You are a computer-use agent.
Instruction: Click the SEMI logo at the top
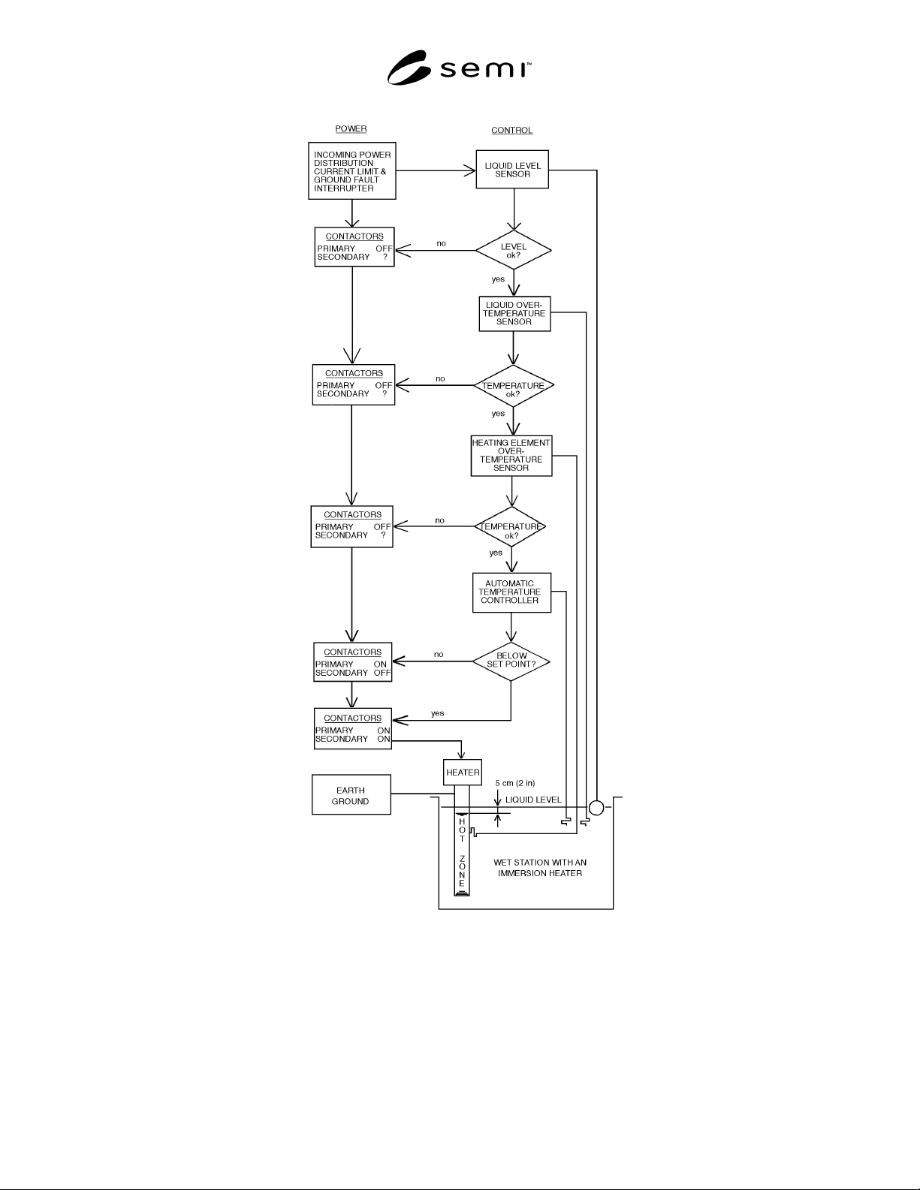459,68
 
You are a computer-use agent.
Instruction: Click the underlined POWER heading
351,128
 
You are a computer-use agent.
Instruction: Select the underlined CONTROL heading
511,131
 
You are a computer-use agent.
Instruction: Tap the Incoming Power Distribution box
352,171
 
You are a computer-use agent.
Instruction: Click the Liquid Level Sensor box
512,170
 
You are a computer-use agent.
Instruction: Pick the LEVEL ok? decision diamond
514,250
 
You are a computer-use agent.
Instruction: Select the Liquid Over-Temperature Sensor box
514,314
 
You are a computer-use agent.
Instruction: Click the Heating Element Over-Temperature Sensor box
511,456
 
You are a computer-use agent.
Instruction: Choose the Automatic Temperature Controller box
511,592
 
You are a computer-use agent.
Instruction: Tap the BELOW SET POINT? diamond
511,661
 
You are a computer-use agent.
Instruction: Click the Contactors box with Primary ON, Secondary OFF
353,662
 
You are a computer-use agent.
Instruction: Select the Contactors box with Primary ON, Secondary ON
353,728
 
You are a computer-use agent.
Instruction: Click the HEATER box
463,772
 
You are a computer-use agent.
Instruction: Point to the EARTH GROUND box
351,794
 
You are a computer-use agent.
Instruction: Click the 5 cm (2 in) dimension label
515,783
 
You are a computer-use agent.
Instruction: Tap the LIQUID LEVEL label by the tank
533,800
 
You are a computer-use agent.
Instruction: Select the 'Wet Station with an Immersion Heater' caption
540,867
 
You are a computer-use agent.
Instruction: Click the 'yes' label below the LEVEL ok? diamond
498,279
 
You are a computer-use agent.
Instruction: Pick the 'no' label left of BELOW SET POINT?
439,655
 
